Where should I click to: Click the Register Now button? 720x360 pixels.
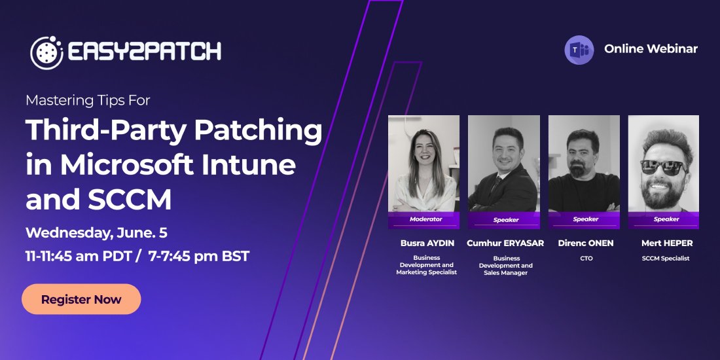click(x=81, y=300)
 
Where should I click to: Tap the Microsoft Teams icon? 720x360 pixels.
click(x=579, y=50)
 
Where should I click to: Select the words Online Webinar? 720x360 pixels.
click(x=651, y=49)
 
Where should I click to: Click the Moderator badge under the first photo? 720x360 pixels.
click(x=425, y=219)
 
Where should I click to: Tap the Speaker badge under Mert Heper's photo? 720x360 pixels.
click(x=666, y=219)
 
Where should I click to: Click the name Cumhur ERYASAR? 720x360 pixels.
click(x=505, y=243)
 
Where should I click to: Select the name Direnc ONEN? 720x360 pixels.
click(x=586, y=243)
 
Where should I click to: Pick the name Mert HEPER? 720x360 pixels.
click(x=666, y=243)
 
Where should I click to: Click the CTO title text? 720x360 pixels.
click(x=586, y=259)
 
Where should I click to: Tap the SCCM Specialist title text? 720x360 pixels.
click(x=666, y=259)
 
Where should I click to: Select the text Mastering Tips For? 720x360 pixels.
click(x=88, y=100)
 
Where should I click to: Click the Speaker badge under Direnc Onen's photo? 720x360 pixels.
click(x=585, y=219)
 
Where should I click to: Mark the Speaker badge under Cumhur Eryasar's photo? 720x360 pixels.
click(x=505, y=220)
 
